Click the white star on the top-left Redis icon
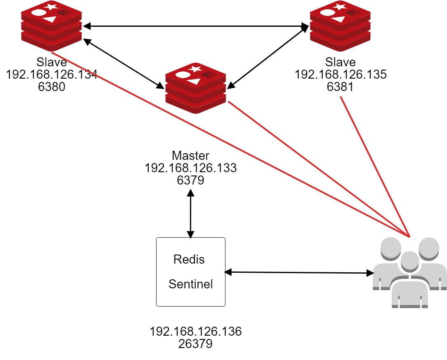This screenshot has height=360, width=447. tap(51, 7)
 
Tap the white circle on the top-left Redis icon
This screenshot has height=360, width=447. tap(39, 12)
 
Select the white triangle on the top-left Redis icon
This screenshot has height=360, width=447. tap(50, 19)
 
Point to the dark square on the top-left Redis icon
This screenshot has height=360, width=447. tap(64, 13)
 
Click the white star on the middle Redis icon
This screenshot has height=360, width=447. tap(195, 69)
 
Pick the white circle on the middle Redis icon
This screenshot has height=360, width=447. tap(183, 75)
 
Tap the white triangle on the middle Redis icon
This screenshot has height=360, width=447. tap(194, 81)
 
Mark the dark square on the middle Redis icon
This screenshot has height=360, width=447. tap(208, 75)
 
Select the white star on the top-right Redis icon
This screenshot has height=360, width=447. tap(340, 7)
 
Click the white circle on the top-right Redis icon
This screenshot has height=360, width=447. tap(328, 12)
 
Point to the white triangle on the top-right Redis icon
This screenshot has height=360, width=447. tap(339, 19)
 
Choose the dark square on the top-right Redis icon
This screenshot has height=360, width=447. tap(353, 13)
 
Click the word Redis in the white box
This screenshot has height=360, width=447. tap(189, 259)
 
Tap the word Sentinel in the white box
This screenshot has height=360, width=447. tap(191, 284)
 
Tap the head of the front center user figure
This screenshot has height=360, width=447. tap(410, 261)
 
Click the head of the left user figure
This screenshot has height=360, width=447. tap(391, 248)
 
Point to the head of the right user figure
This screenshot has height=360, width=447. tap(429, 248)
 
